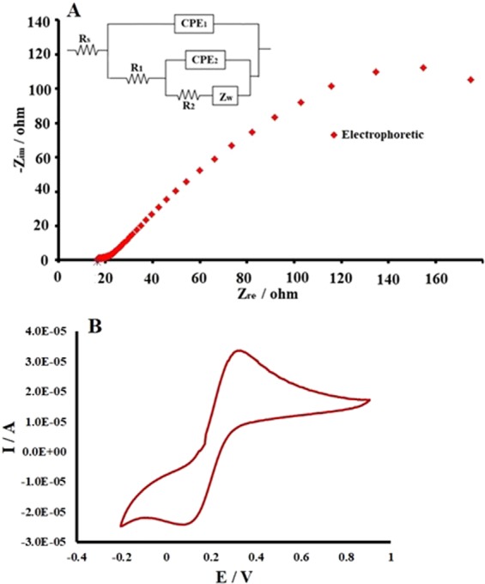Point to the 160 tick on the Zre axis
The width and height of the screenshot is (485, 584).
436,278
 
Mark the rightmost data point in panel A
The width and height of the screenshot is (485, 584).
470,79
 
